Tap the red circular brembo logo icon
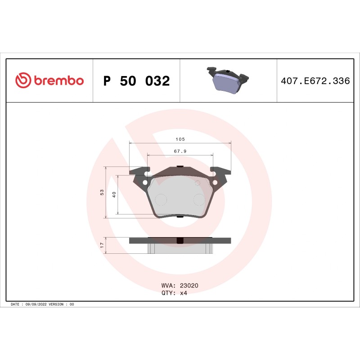23,81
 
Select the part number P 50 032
136,81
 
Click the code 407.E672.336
315,81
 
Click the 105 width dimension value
180,139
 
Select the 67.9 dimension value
180,152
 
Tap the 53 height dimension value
102,193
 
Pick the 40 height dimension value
114,194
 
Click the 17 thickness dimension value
102,245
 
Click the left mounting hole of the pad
145,182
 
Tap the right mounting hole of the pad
215,182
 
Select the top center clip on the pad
180,167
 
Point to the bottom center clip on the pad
180,217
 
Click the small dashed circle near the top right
197,183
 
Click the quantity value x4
184,292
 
